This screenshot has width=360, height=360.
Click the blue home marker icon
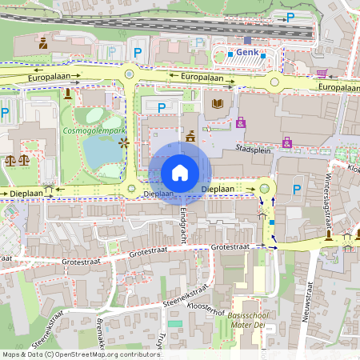point(180,172)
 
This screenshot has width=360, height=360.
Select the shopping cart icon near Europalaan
point(322,74)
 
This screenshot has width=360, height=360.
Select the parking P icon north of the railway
point(290,17)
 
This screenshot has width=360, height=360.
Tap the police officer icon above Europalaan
point(42,42)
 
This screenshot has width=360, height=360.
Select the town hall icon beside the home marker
point(190,137)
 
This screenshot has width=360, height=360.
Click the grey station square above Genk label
point(248,39)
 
